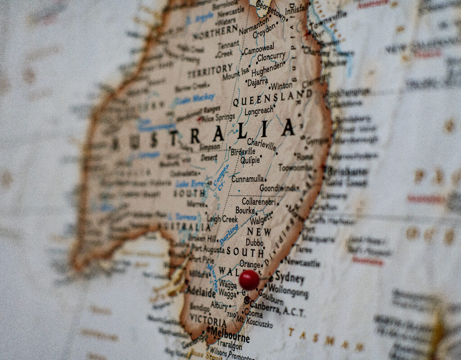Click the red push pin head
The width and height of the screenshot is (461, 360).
(249, 279)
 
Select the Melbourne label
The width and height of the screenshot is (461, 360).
(230, 335)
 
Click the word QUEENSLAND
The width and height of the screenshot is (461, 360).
(272, 98)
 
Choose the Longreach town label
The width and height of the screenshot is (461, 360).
(258, 111)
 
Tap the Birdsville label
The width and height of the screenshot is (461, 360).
(243, 152)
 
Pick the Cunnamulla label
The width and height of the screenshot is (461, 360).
(248, 179)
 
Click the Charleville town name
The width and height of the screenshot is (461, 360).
(262, 145)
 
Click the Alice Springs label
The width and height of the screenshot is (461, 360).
(219, 118)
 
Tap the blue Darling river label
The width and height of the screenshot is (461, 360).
(229, 234)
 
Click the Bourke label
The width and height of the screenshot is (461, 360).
(245, 210)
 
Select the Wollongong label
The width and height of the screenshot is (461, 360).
(288, 291)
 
